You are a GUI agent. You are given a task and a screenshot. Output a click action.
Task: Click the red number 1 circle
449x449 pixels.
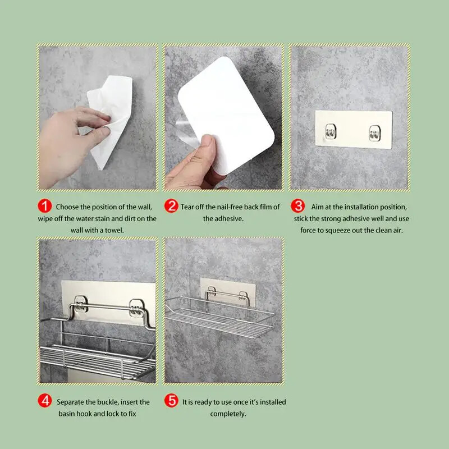point(45,207)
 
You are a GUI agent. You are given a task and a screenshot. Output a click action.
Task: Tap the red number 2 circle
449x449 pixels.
point(171,207)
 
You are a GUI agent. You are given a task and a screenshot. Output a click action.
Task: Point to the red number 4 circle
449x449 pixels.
point(45,402)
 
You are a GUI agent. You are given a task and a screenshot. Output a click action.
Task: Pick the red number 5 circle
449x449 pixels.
point(171,402)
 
